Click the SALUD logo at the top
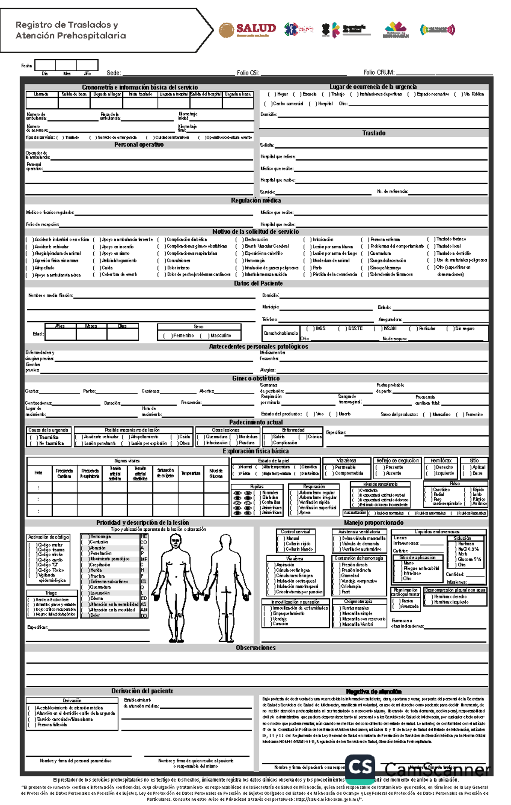pos(248,30)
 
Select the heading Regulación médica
pos(256,201)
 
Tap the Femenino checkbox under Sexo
pos(166,336)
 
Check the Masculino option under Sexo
pos(203,336)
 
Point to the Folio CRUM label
pos(379,73)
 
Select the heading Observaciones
pos(255,648)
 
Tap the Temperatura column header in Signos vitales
pos(191,473)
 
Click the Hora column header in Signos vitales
pos(38,473)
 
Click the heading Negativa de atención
pos(373,692)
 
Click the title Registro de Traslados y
pos(67,25)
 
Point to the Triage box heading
pos(51,593)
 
